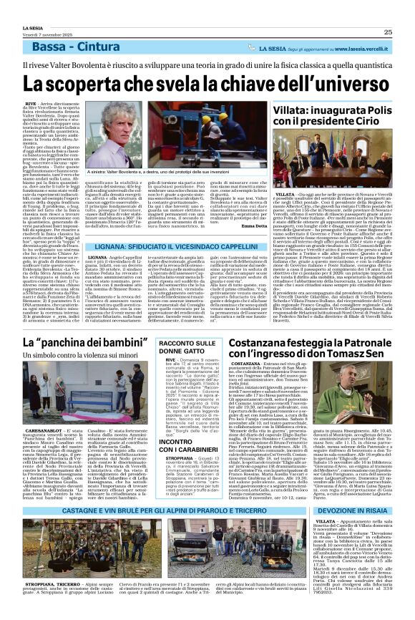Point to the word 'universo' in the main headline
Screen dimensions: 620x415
pyautogui.click(x=337, y=84)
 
